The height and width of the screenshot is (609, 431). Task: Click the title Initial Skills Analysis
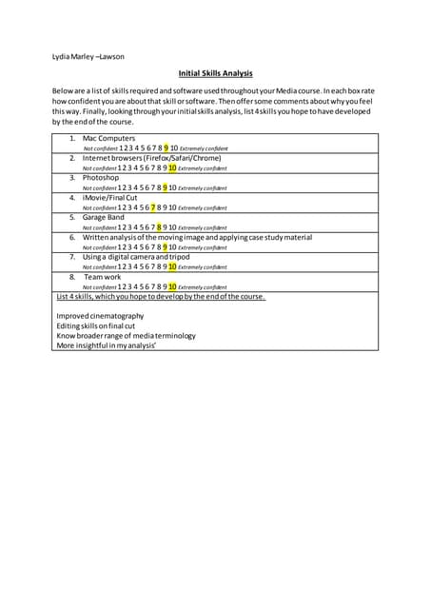click(215, 73)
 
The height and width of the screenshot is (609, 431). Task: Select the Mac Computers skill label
click(109, 138)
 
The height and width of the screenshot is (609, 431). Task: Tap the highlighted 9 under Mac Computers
click(166, 147)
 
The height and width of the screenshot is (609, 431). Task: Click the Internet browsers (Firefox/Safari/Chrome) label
click(152, 158)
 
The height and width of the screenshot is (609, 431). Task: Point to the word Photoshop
click(101, 177)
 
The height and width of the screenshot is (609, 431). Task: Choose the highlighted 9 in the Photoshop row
click(166, 187)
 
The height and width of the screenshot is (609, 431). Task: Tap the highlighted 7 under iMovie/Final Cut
click(153, 206)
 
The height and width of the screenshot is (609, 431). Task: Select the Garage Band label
click(104, 217)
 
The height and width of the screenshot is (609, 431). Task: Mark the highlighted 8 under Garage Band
click(160, 226)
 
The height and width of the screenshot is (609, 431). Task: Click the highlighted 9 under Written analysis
click(166, 246)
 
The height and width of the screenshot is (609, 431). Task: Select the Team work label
click(103, 276)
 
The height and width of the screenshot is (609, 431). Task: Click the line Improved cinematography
click(101, 316)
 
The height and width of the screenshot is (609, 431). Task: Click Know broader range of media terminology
click(126, 335)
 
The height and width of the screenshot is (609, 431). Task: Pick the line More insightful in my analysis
click(107, 345)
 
